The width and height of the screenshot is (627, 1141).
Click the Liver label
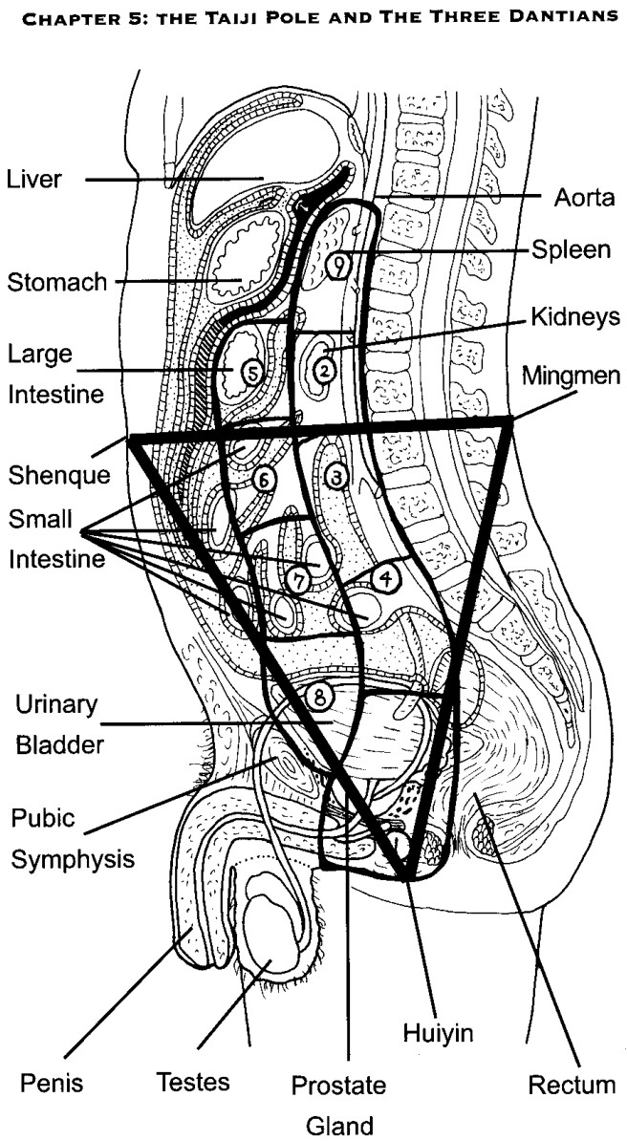35,179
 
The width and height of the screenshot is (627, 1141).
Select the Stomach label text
56,282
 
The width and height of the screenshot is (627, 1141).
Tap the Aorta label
585,197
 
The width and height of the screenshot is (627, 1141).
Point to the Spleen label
571,249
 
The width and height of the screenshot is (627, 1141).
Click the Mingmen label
572,377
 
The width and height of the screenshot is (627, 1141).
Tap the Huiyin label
438,1033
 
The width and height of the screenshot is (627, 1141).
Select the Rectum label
573,1085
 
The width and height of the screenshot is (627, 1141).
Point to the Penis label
51,1084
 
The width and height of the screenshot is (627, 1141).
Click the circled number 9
339,264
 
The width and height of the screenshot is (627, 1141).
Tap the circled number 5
249,374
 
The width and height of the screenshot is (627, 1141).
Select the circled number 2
324,371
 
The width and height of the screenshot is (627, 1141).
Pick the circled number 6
265,479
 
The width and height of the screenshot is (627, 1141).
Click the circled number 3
336,478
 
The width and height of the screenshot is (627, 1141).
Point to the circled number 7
298,580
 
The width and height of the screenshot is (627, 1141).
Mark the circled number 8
319,697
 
